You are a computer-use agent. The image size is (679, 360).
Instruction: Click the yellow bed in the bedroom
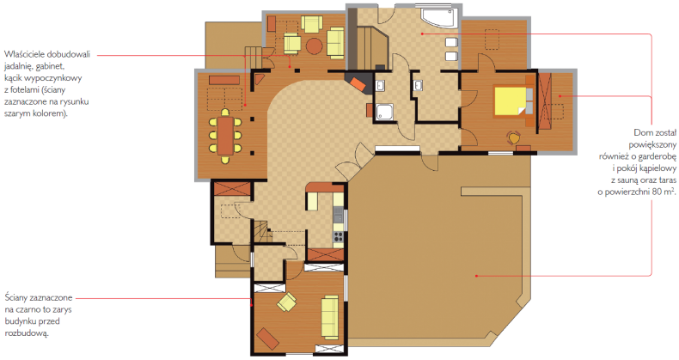(x=511, y=101)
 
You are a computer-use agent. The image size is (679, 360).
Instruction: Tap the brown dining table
(x=225, y=136)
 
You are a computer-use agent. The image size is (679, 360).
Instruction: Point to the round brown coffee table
(x=314, y=45)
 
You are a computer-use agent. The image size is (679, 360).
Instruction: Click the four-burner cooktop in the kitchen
(x=338, y=236)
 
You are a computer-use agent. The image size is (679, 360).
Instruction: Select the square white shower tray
(x=384, y=113)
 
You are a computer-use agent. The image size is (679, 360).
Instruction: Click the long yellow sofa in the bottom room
(x=329, y=317)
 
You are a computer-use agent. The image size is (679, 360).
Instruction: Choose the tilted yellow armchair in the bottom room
(x=287, y=302)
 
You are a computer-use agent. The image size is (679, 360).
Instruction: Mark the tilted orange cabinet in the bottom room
(x=267, y=338)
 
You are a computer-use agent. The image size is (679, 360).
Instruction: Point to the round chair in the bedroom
(x=514, y=138)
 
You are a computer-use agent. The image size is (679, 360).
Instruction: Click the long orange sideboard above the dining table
(x=224, y=80)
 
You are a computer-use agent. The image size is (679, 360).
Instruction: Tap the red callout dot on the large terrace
(x=476, y=275)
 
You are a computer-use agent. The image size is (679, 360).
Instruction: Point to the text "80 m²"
(x=652, y=192)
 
